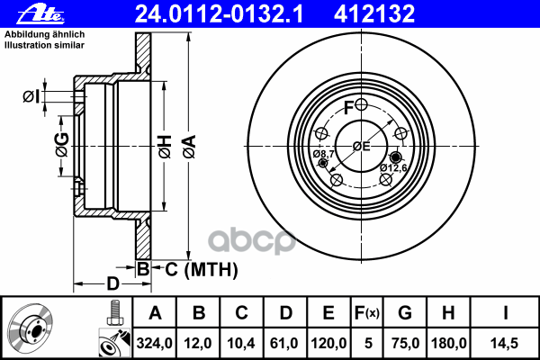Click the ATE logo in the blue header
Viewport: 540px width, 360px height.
coord(40,13)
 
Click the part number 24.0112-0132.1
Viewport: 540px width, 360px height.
coord(220,14)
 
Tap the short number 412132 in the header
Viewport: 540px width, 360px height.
coord(374,14)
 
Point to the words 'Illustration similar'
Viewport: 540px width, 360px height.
coord(44,45)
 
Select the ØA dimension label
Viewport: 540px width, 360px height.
coord(190,147)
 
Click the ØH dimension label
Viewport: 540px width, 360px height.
coord(165,147)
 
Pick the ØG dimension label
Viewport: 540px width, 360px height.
coord(62,144)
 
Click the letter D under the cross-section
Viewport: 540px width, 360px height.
coord(112,283)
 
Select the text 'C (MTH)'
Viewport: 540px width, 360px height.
coord(202,269)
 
